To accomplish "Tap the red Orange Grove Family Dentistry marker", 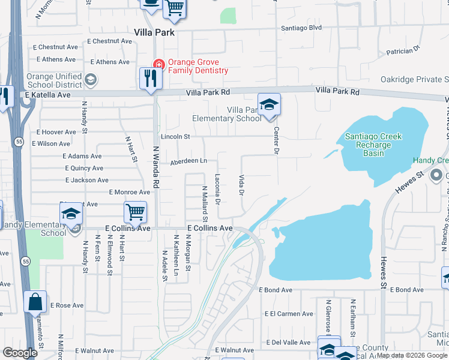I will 159,64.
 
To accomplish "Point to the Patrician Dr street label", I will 403,52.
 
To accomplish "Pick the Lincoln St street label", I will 175,137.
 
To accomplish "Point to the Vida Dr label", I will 241,185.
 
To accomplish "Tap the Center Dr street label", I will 277,140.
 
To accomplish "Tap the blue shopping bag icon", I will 35,302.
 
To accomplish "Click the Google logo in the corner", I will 20,353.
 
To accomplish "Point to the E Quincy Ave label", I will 84,169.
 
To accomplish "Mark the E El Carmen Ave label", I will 289,314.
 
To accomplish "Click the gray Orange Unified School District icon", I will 91,80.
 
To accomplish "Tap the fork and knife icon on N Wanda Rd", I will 150,79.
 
